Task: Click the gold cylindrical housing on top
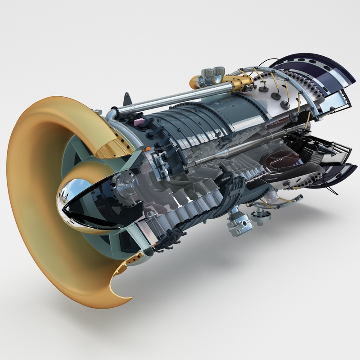click(x=238, y=82)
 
